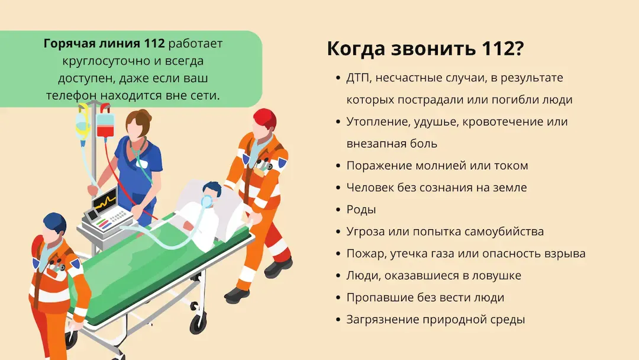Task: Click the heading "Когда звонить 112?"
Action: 425,49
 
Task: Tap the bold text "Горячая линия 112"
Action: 104,43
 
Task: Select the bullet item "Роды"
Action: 361,210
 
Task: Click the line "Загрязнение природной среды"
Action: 435,320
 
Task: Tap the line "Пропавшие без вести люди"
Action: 425,298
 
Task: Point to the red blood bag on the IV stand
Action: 105,126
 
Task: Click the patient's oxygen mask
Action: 207,201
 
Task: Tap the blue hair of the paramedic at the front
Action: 55,223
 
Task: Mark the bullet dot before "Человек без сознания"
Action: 338,188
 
